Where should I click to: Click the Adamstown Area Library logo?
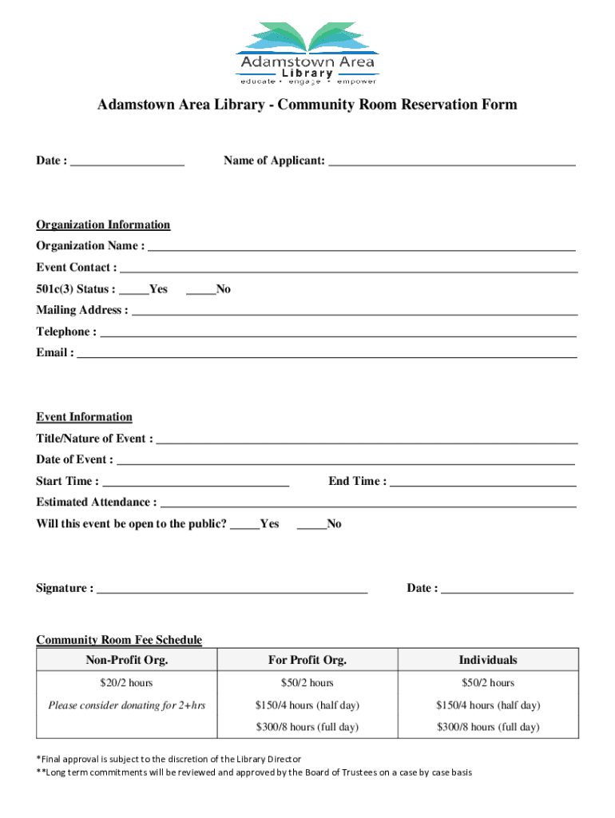coord(307,53)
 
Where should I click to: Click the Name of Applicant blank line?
coord(451,161)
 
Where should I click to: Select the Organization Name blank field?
coord(361,246)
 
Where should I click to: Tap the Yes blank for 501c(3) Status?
coord(134,290)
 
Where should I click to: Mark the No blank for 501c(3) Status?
coord(200,290)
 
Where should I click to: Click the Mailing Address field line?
coord(354,311)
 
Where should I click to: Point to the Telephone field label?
coord(66,332)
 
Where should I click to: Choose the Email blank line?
coord(326,353)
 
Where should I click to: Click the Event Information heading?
coord(84,417)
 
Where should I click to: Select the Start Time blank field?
coord(196,482)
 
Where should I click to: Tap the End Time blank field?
coord(482,482)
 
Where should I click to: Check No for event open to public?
coord(311,525)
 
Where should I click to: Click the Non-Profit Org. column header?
coord(127,660)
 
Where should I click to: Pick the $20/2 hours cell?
coord(127,683)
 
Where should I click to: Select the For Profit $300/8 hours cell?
coord(307,727)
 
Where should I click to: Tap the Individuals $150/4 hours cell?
coord(487,705)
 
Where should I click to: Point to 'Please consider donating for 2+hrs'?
coord(127,705)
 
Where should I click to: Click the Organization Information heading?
coord(103,225)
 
